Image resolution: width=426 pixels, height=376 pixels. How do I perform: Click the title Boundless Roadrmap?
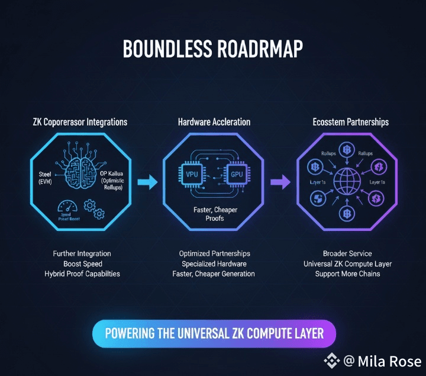point(213,49)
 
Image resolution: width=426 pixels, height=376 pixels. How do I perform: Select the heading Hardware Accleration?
point(214,122)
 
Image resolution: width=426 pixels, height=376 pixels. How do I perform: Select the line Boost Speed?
point(82,263)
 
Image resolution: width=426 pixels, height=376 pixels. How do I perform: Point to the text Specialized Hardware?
point(214,263)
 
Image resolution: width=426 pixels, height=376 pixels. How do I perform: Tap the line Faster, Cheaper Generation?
point(214,274)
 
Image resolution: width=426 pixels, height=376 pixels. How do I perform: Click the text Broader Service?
point(347,253)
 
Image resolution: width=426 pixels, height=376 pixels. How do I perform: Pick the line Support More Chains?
point(347,274)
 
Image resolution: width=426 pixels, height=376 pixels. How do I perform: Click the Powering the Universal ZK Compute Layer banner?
point(214,333)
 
